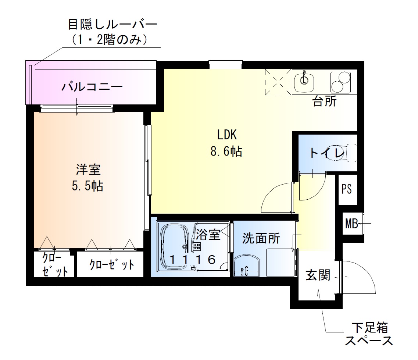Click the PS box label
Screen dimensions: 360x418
point(347,189)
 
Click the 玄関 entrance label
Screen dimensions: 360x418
point(318,275)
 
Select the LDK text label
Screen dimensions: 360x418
point(226,135)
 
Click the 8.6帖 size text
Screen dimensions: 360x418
point(226,151)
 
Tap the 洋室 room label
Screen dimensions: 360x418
point(88,170)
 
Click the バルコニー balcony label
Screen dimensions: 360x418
point(92,87)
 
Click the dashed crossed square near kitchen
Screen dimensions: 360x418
point(278,82)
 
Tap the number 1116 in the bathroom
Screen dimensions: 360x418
point(192,260)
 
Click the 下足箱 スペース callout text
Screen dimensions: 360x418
point(369,334)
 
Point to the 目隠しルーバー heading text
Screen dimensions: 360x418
point(112,25)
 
